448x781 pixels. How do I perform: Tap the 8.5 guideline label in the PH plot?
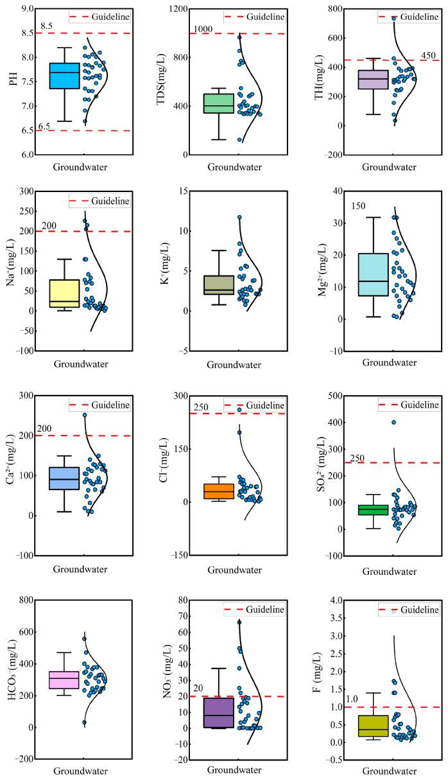[46, 26]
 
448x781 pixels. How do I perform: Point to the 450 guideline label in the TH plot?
[429, 54]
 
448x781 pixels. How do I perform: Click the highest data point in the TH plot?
[394, 19]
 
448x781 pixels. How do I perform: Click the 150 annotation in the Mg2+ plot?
[358, 205]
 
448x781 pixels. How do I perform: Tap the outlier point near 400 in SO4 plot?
[393, 423]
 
